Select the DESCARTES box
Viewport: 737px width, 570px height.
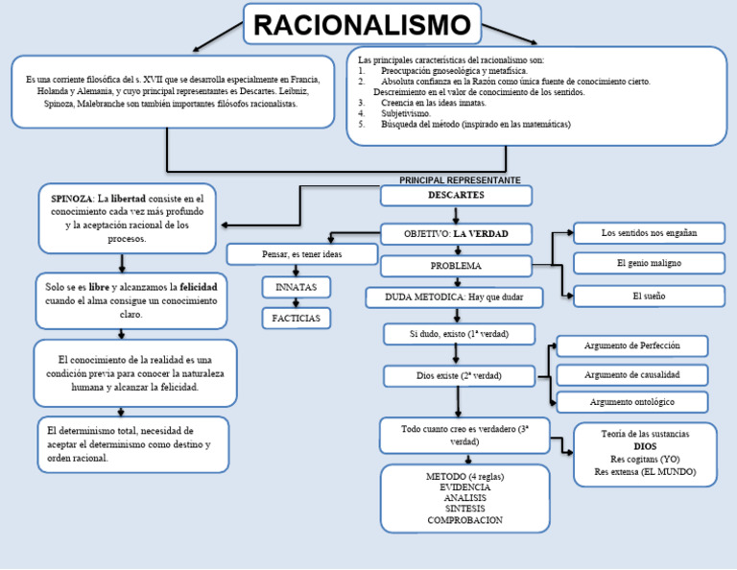click(x=456, y=196)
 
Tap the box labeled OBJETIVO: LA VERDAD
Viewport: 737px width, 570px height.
click(x=456, y=233)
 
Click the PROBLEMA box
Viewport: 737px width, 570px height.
click(x=456, y=266)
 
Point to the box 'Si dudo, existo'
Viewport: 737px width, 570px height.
click(x=459, y=334)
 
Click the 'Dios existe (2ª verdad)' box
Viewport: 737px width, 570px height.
click(x=459, y=375)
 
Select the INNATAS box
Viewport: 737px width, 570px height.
click(x=296, y=287)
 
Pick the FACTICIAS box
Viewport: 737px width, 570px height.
click(x=296, y=317)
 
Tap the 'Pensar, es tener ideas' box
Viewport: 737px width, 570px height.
click(x=301, y=254)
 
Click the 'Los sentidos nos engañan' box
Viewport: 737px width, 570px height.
click(x=649, y=233)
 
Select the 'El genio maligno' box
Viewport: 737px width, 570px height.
click(x=649, y=263)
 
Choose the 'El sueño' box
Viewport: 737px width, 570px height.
click(x=649, y=297)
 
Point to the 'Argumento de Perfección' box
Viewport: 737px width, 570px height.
click(x=631, y=345)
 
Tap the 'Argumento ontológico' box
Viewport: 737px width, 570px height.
click(x=631, y=402)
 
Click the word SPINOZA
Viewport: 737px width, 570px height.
click(x=72, y=199)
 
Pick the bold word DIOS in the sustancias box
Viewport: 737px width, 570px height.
click(x=645, y=447)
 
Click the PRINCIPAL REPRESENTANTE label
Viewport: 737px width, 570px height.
click(x=460, y=180)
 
